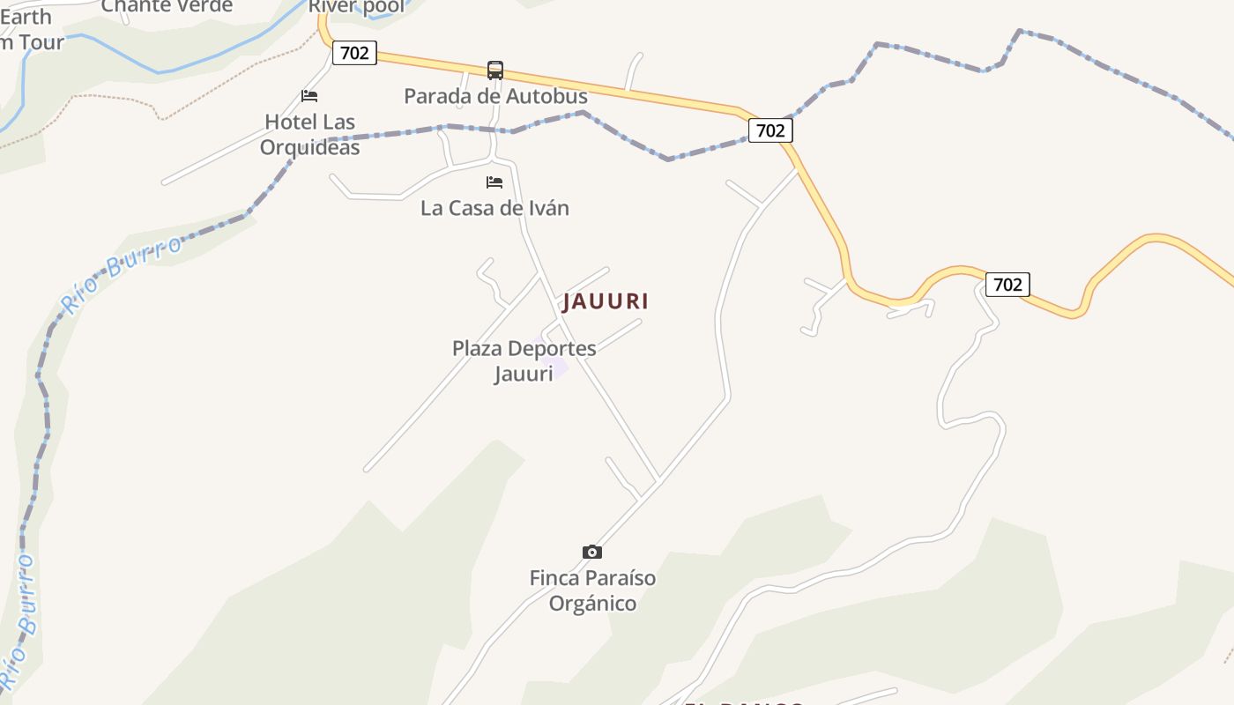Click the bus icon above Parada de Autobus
[495, 70]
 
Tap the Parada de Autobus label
[495, 96]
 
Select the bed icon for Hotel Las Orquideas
[309, 96]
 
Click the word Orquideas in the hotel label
[309, 147]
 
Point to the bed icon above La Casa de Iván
[494, 182]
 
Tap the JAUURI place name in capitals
[606, 301]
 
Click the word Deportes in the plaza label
[553, 349]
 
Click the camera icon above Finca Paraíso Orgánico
[592, 553]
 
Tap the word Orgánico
[592, 604]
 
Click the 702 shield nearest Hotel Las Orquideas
[354, 53]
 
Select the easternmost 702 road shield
[1007, 285]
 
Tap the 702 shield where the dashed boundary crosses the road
[770, 130]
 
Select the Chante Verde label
[167, 6]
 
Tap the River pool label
[356, 7]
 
